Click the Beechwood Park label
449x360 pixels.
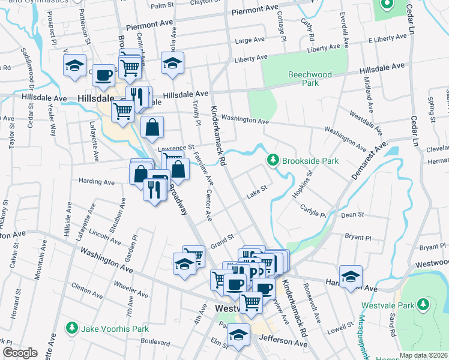coord(310,79)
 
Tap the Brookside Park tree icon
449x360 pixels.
coord(273,160)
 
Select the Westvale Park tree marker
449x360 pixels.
coord(424,304)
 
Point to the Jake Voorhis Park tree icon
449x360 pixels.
coord(72,328)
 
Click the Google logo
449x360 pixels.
coord(20,353)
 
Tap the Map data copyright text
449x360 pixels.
coord(423,355)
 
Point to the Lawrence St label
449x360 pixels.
coord(176,147)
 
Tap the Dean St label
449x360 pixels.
coord(352,214)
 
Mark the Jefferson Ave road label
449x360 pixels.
coord(283,342)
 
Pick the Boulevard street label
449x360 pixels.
coord(155,341)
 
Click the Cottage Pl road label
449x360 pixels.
coord(280,31)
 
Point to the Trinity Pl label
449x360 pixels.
coord(196,113)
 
